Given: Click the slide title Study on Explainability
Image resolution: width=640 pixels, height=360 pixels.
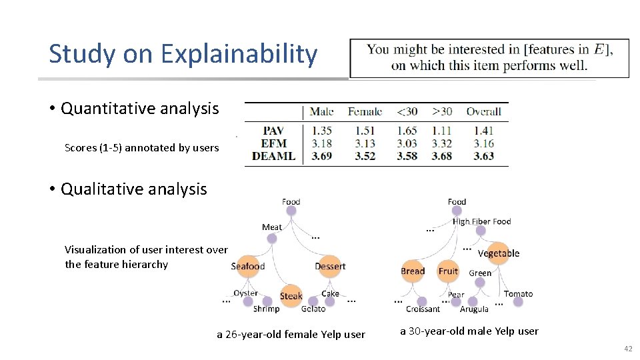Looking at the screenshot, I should point(183,54).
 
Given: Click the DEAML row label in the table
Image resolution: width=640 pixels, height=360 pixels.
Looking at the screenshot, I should point(273,156).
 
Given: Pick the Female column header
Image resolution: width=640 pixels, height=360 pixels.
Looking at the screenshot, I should point(365,111).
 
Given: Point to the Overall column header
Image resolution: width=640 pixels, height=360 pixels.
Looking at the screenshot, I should point(483,111).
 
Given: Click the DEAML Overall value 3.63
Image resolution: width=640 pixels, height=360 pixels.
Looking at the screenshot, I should point(483,156).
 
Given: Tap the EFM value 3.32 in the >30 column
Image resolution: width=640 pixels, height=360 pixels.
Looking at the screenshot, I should point(441,143).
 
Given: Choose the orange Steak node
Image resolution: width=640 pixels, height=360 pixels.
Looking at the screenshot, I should point(291,296).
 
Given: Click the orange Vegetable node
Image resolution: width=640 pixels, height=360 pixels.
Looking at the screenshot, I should point(499,253).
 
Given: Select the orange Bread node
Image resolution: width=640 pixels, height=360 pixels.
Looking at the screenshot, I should point(413,271).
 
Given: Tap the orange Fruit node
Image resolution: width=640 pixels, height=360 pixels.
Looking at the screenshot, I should point(448,271).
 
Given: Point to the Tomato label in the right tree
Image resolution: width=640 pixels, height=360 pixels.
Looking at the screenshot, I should point(518,293).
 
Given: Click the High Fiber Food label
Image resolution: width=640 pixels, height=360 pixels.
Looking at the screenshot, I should point(481,221).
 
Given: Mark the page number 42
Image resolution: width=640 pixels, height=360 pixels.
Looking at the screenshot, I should point(627,349).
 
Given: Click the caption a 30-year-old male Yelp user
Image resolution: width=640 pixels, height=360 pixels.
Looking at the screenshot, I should point(469,331).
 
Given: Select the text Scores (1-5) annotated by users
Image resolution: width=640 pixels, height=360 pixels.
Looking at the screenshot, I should point(141,148).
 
